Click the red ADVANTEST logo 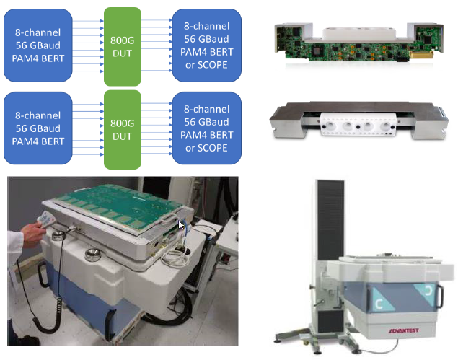coord(404,330)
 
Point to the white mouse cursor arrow coord(181,225)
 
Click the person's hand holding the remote coord(32,234)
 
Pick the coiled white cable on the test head coord(175,257)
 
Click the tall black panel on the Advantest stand coord(330,220)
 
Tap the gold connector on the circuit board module coord(421,54)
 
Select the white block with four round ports coord(358,124)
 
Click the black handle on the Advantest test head coord(439,297)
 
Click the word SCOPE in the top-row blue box coord(213,65)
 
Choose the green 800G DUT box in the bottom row coord(123,129)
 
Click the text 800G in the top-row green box coord(123,40)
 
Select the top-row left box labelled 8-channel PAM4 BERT coord(38,45)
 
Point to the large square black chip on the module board coord(317,51)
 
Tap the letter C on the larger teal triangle coord(379,304)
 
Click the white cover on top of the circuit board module coord(359,33)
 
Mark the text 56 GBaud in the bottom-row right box coord(206,122)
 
